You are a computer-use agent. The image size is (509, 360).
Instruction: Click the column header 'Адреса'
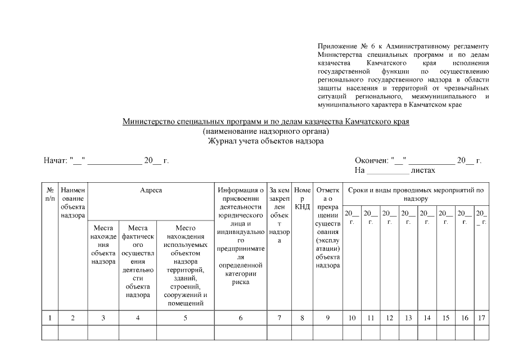tap(151, 191)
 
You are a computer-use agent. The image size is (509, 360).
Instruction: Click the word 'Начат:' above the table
tap(55, 161)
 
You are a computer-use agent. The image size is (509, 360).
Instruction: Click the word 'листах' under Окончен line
tap(422, 169)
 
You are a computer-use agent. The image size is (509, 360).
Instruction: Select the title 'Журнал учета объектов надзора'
tap(265, 141)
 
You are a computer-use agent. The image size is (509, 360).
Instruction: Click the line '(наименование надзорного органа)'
tap(265, 132)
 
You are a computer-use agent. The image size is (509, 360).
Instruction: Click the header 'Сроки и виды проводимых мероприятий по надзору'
tap(416, 195)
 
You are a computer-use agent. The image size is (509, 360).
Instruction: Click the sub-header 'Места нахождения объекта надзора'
tap(103, 245)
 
